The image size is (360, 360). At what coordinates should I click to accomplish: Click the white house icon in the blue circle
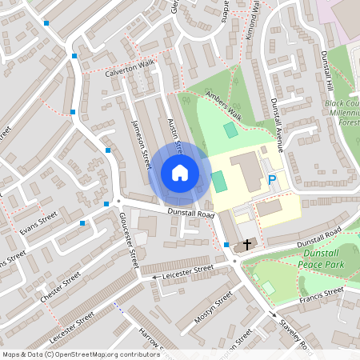coord(180,173)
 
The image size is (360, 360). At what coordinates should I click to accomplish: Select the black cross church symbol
coord(247,243)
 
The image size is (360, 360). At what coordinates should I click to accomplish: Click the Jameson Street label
coord(141,144)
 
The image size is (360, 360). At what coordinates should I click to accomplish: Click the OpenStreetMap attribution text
coord(80,354)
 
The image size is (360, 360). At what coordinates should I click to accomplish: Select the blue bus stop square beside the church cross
coord(227,244)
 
